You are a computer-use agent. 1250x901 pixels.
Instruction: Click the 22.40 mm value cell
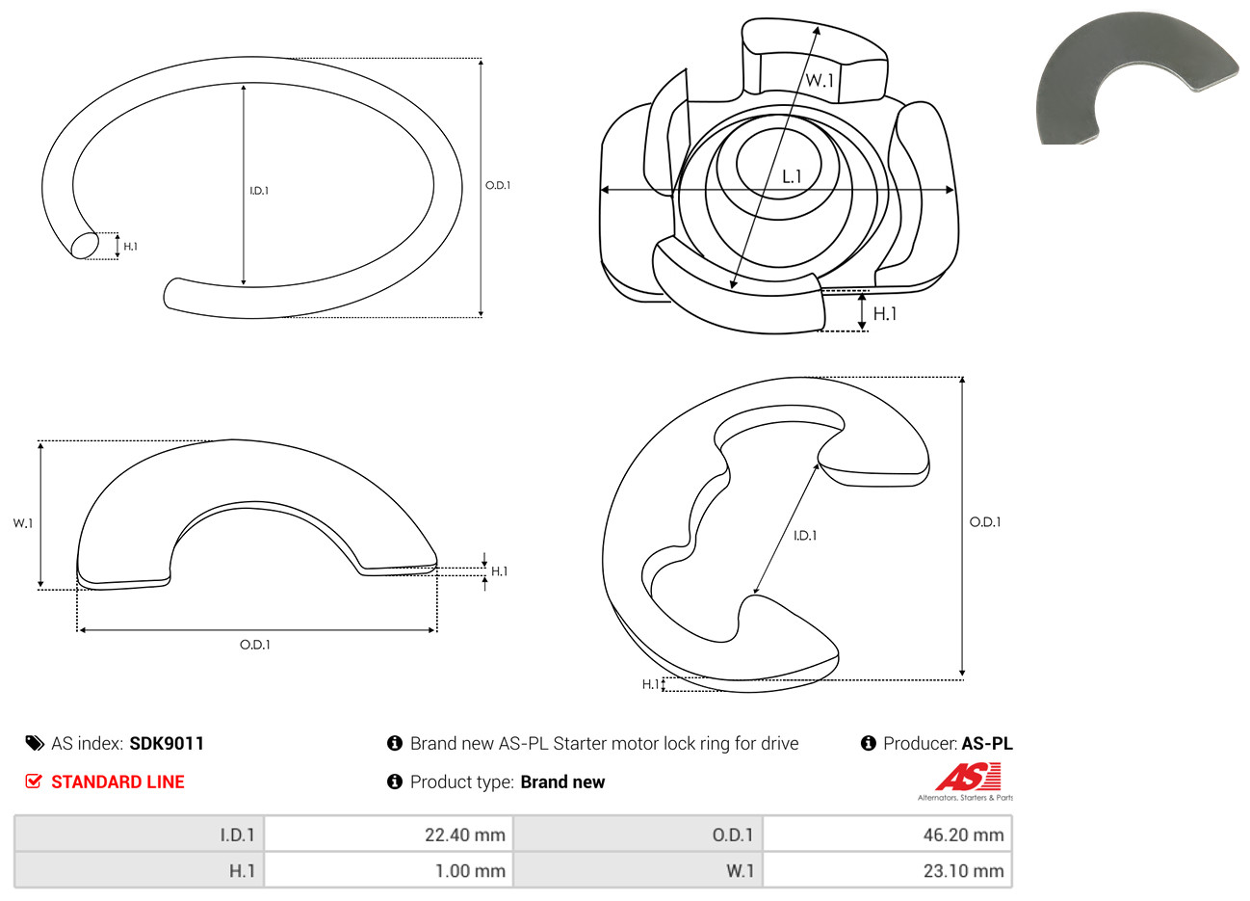coord(388,835)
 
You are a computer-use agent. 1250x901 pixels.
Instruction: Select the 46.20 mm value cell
coord(887,835)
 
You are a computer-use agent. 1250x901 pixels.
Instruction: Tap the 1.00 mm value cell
coord(388,870)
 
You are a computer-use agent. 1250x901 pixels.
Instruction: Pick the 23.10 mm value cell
coord(887,870)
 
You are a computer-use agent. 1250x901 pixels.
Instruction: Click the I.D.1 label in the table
coord(237,835)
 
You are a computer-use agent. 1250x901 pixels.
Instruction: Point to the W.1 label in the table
coord(740,871)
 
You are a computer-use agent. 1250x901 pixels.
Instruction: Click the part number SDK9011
coord(167,744)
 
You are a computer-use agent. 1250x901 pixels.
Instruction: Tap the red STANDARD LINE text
coord(117,782)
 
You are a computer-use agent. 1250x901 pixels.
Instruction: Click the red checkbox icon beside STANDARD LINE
coord(34,781)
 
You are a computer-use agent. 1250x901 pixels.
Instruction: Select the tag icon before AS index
coord(35,744)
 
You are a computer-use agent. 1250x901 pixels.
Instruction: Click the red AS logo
coord(969,777)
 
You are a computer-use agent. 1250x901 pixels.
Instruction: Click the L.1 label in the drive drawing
coord(792,177)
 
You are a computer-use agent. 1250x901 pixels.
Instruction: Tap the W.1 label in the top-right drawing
coord(820,80)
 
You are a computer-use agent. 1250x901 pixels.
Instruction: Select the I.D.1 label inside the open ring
coord(259,191)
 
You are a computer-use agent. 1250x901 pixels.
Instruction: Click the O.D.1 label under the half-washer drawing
coord(255,645)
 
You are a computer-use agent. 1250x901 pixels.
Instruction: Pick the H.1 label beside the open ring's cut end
coord(131,246)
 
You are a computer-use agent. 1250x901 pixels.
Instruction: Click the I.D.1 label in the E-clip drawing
coord(805,536)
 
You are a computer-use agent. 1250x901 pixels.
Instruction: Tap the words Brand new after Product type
coord(562,782)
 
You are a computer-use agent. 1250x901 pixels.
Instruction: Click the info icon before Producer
coord(868,743)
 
